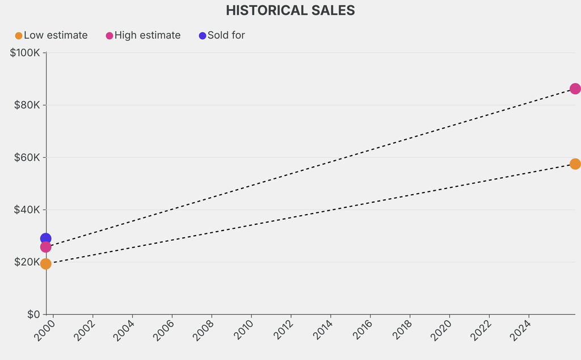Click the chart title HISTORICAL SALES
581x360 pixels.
290,10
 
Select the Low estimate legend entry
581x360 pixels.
56,35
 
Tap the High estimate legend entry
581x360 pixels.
147,35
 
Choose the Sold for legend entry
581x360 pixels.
226,35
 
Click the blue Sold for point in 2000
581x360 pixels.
45,239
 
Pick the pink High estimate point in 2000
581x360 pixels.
45,247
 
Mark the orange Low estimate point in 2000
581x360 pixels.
45,263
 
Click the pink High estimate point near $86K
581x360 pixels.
575,89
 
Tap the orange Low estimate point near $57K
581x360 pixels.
575,164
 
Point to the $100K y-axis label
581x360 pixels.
25,53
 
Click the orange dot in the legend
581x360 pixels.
19,36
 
